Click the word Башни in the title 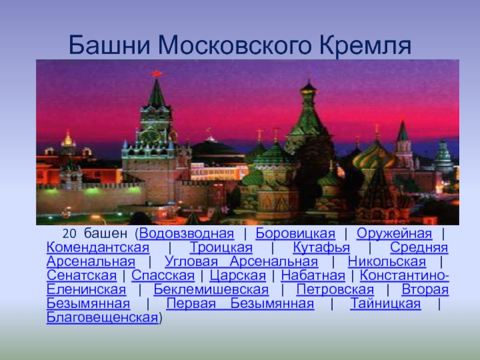coord(110,44)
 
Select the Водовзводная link coord(187,233)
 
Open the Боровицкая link coord(295,234)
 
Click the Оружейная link coord(394,233)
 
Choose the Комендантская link coord(98,248)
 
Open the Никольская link coord(386,262)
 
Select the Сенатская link coord(82,276)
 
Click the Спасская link coord(163,276)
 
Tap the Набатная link coord(313,276)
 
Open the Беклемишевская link coord(211,290)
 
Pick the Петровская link coord(335,290)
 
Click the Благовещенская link coord(102,318)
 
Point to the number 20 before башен coord(69,234)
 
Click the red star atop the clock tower coord(157,73)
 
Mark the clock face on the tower coord(149,135)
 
